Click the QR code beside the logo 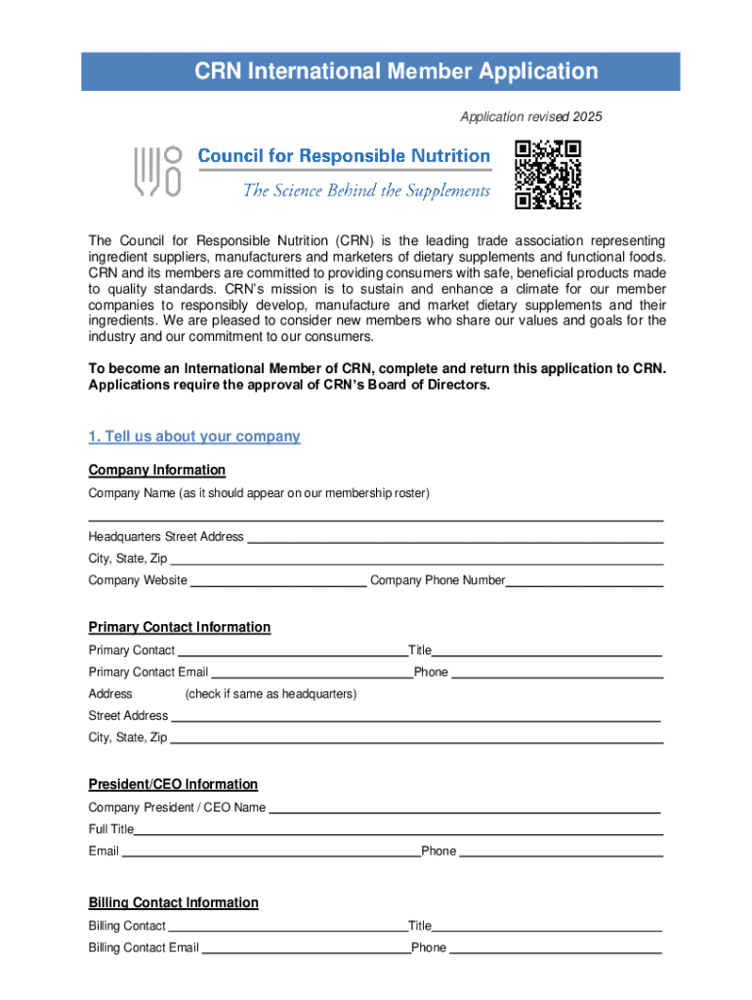548,175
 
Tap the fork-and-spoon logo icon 157,172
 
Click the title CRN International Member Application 381,71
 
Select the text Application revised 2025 531,117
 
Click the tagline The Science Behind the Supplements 366,190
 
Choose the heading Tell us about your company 194,437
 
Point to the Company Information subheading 157,470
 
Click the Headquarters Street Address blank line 454,536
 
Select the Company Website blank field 278,580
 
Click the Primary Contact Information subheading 180,627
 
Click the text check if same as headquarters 271,693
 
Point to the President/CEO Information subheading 173,784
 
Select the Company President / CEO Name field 464,808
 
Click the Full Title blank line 398,830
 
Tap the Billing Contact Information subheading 174,902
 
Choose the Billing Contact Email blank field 305,947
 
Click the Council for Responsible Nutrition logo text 344,156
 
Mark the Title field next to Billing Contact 547,926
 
